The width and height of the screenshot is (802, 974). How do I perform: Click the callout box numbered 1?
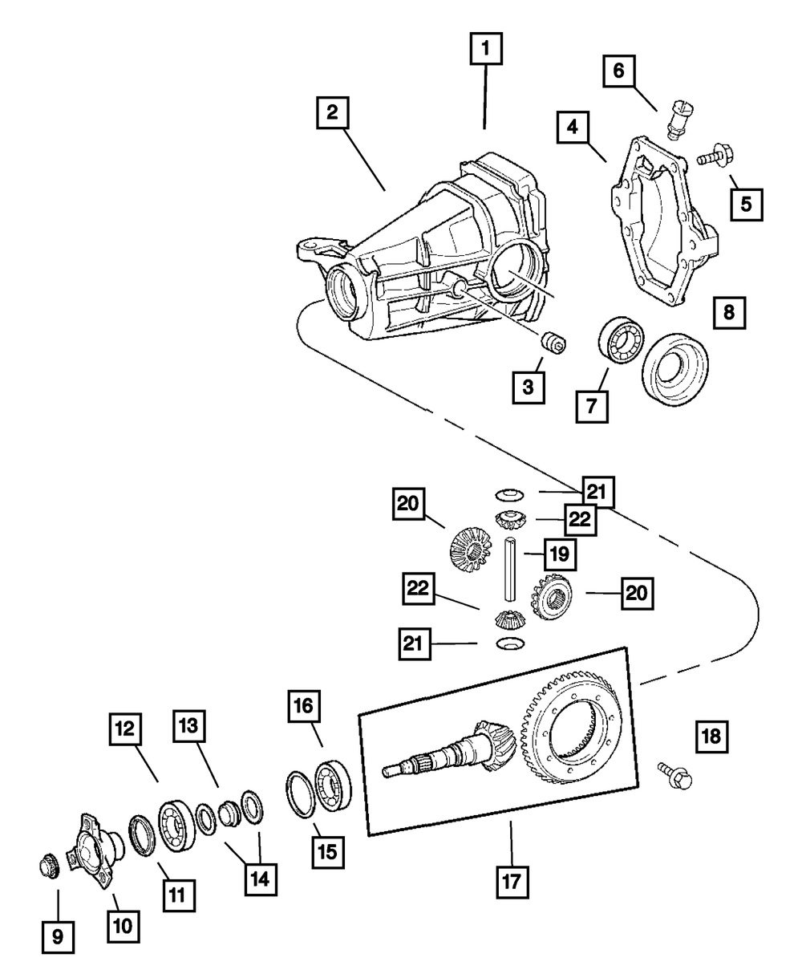486,51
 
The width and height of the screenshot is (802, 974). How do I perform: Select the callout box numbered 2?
332,112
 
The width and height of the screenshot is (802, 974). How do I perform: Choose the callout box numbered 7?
591,406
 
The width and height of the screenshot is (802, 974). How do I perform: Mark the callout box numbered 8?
728,312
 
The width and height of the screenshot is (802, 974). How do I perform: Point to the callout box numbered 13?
188,728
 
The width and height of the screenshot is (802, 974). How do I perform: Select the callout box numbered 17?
512,882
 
